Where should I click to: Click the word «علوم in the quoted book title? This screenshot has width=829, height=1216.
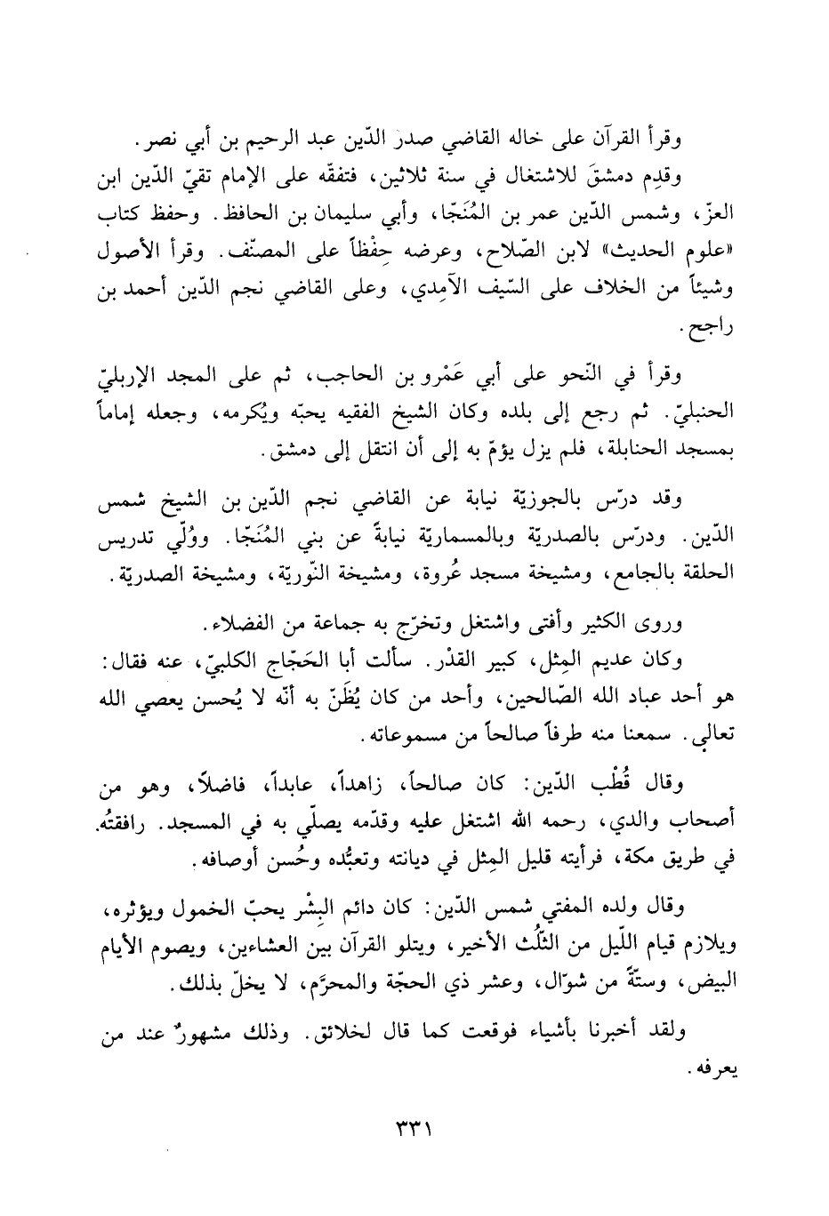710,253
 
